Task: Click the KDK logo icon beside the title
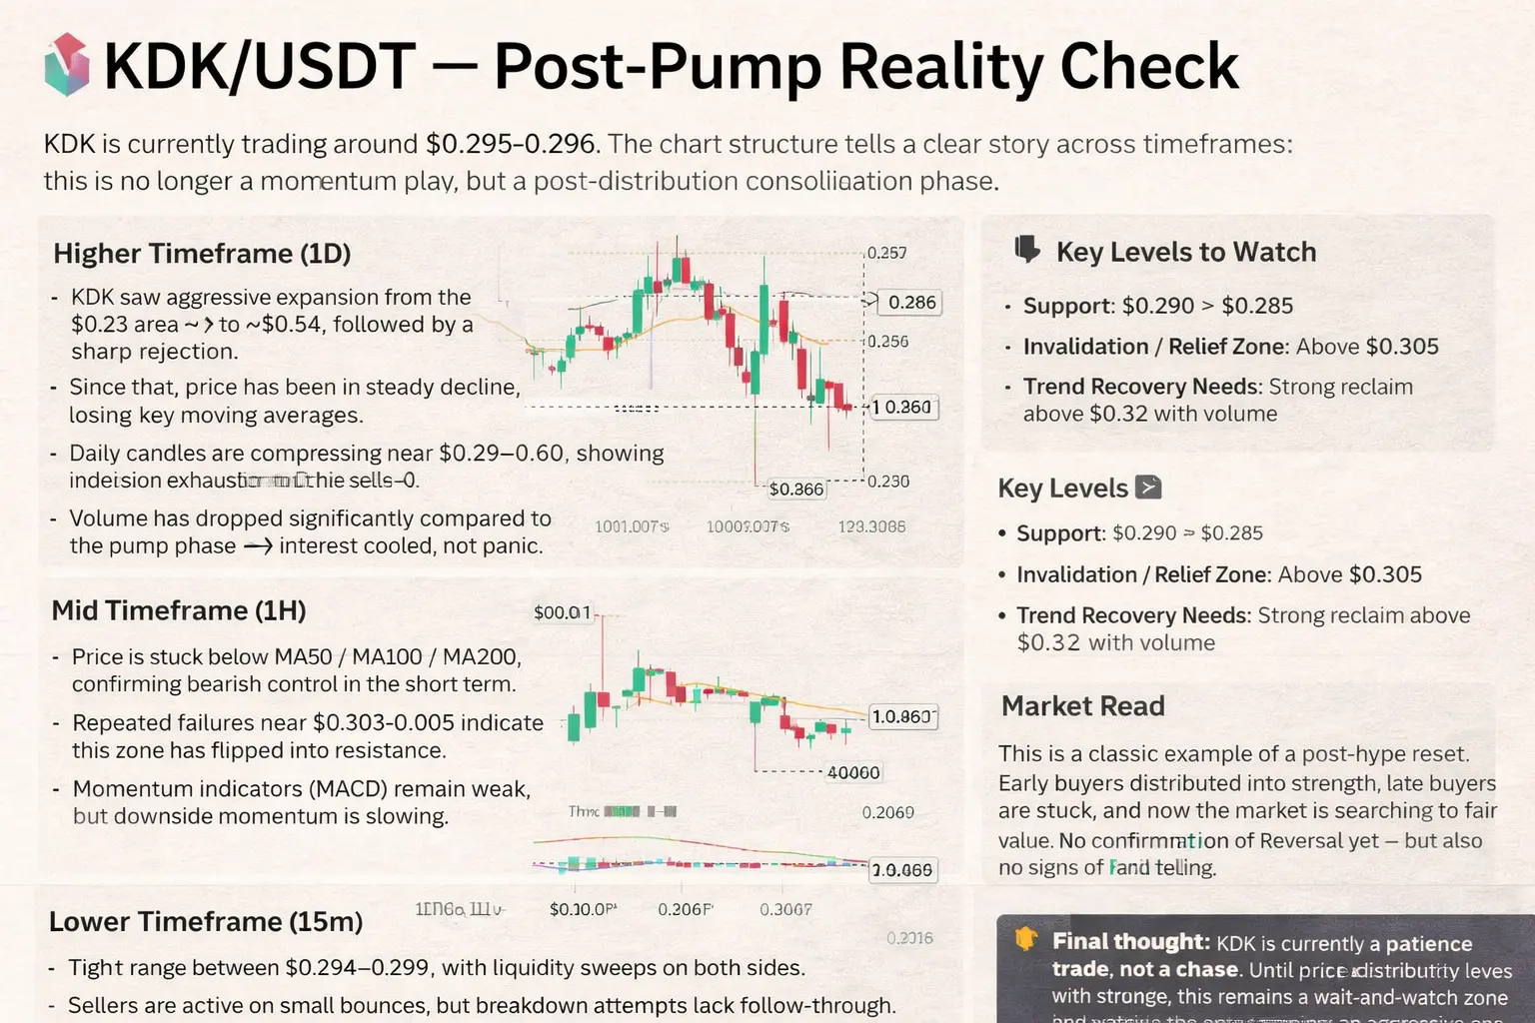[x=68, y=65]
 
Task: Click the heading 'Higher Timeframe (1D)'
[x=202, y=254]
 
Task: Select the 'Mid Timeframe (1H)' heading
[x=179, y=610]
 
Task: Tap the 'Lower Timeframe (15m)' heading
[x=206, y=921]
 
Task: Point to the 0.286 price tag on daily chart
[x=911, y=302]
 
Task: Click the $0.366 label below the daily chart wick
[x=795, y=490]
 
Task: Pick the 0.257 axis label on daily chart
[x=886, y=253]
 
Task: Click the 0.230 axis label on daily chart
[x=887, y=482]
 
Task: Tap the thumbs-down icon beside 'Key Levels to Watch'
[x=1027, y=250]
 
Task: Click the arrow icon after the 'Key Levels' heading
[x=1149, y=488]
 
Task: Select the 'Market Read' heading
[x=1082, y=706]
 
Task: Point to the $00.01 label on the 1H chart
[x=563, y=612]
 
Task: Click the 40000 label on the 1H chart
[x=853, y=772]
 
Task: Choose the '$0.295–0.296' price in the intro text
[x=510, y=144]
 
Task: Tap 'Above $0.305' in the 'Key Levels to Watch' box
[x=1367, y=347]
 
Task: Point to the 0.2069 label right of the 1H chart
[x=887, y=813]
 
